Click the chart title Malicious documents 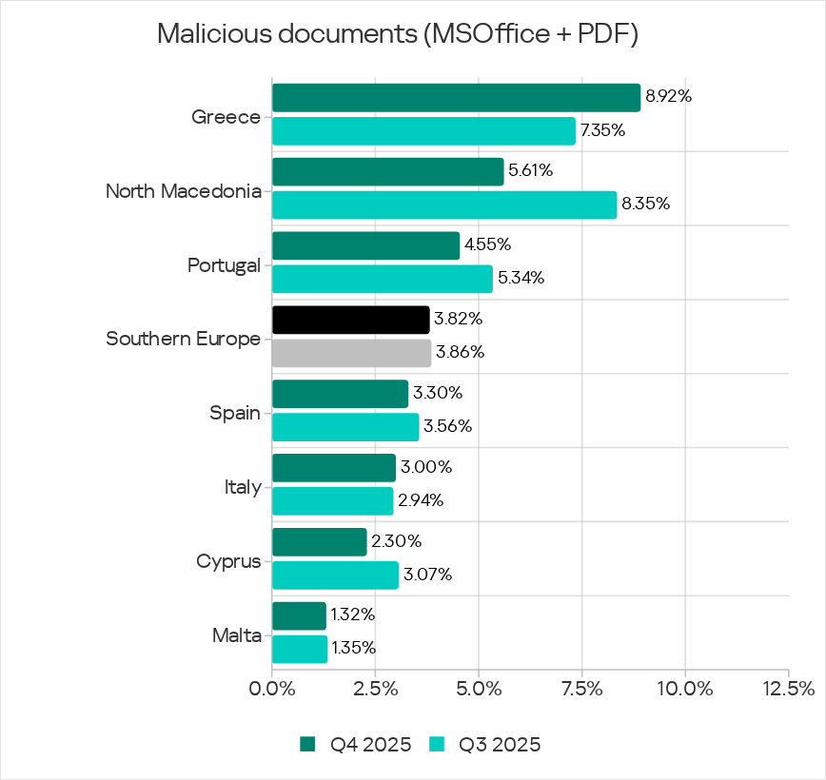[x=397, y=34]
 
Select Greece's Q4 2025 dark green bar [x=456, y=97]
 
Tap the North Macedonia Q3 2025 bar [x=444, y=205]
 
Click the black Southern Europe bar [x=350, y=320]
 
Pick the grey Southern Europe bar [x=351, y=353]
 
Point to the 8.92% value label [x=668, y=96]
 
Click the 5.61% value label [x=531, y=171]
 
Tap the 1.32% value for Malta [x=353, y=615]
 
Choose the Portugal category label [x=225, y=265]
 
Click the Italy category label [x=242, y=487]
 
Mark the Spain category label [x=235, y=414]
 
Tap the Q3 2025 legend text [x=500, y=744]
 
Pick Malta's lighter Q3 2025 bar [x=300, y=649]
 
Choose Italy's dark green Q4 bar [x=334, y=467]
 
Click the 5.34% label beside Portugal [x=520, y=278]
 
